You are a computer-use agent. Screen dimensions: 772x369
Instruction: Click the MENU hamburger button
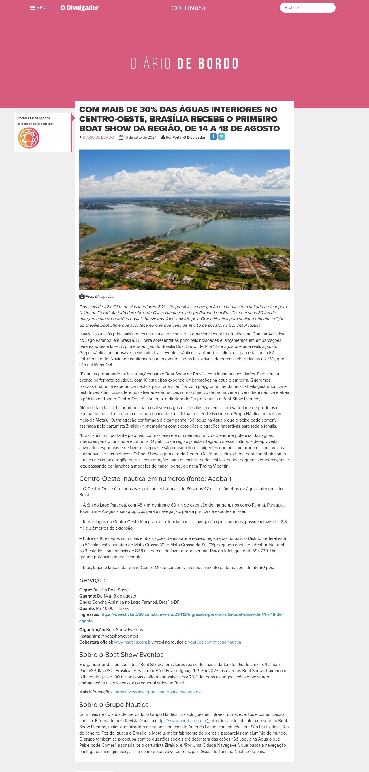pos(39,8)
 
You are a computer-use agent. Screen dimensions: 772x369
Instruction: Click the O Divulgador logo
pos(80,8)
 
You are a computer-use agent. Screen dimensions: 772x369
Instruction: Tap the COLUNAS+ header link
pos(189,8)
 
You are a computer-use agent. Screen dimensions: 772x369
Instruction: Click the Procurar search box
pos(308,7)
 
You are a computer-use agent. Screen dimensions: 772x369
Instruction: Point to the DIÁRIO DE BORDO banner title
pos(184,64)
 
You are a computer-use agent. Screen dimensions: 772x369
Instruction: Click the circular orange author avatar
pos(29,138)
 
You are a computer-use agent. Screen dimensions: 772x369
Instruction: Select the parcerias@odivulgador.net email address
pos(35,124)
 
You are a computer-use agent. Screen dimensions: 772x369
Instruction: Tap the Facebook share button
pos(213,137)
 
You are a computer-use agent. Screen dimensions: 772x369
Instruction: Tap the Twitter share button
pos(221,137)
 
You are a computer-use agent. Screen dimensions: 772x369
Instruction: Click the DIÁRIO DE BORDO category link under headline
pos(98,137)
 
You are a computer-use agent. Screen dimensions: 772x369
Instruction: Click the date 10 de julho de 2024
pos(140,137)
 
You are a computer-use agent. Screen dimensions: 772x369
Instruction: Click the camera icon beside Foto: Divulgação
pos(82,296)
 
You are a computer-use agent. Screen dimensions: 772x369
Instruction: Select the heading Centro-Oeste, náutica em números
pos(155,479)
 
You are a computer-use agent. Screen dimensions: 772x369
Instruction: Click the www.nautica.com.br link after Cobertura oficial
pos(133,642)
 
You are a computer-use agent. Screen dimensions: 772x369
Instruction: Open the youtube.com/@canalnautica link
pos(214,642)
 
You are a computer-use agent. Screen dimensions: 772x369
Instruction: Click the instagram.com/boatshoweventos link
pos(158,692)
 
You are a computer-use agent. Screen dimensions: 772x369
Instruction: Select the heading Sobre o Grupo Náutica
pos(114,705)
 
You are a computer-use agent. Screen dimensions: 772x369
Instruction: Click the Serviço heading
pos(92,580)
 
